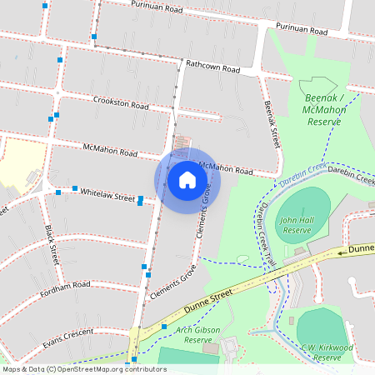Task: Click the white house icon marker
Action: (x=187, y=179)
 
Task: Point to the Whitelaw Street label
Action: (x=107, y=194)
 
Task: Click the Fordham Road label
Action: (x=64, y=284)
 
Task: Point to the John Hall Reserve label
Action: (x=295, y=225)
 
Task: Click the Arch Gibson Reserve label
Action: (x=197, y=335)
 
